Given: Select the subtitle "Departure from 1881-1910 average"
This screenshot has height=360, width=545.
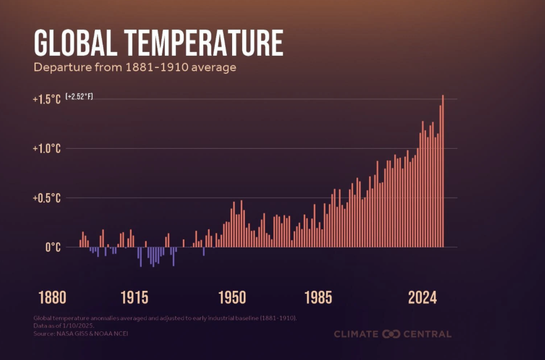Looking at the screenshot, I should (135, 68).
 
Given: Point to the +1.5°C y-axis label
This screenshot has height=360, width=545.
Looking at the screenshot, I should (46, 99).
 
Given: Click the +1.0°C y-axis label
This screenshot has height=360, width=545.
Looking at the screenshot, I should (46, 149).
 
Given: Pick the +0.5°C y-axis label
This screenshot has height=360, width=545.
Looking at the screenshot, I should (46, 198).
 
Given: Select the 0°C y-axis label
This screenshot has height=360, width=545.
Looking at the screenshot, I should (52, 247).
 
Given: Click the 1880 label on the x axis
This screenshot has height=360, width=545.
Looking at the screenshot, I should (52, 297).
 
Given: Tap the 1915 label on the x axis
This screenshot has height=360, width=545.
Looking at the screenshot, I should (134, 297).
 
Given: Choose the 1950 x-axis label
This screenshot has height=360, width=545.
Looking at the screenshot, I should (232, 297).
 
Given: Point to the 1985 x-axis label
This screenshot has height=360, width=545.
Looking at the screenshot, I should (319, 297).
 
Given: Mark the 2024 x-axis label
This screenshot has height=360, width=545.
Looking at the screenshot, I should (422, 297).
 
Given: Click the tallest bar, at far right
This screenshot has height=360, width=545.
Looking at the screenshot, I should (442, 175).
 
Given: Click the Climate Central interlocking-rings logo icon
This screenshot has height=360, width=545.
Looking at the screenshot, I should (390, 334).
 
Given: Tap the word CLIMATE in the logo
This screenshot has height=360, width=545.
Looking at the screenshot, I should (356, 334).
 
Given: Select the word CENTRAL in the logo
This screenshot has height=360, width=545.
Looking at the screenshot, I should (427, 334).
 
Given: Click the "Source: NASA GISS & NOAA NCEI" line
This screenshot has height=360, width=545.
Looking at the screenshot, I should (81, 334).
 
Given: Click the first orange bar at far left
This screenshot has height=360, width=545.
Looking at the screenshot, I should (81, 244).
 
